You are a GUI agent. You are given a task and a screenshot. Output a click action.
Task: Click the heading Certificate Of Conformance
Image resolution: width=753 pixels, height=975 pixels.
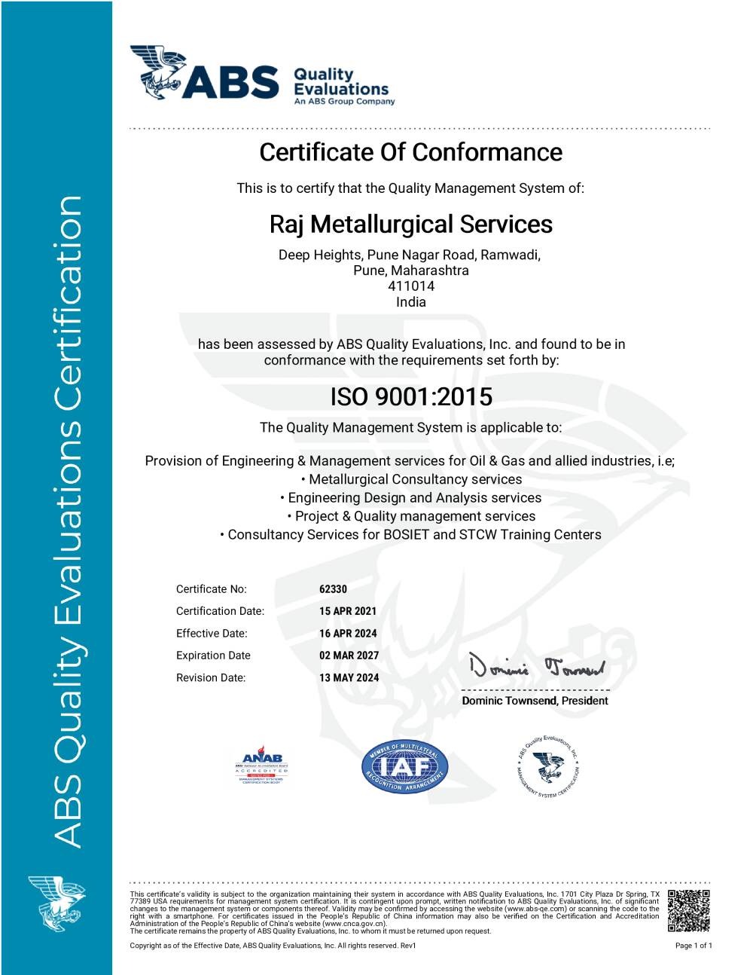[x=410, y=152]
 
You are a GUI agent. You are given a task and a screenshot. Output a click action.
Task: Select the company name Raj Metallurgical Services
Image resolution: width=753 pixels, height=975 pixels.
[x=410, y=224]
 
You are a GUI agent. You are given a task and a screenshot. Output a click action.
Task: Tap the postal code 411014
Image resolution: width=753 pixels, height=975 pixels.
[x=410, y=286]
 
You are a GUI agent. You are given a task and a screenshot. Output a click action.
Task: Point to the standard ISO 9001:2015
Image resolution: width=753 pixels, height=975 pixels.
[x=410, y=396]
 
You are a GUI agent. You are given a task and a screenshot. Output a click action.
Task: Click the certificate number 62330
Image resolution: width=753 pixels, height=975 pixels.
[x=333, y=589]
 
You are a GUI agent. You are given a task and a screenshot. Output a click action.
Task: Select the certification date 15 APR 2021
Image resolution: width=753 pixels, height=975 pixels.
[x=347, y=611]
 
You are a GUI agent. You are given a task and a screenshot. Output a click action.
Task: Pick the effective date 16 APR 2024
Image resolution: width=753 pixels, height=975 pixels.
[x=347, y=634]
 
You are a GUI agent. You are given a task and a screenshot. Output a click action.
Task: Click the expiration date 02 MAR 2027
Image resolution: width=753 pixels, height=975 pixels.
[x=349, y=656]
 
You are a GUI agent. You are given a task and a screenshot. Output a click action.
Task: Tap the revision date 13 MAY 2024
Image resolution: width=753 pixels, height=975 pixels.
[x=349, y=678]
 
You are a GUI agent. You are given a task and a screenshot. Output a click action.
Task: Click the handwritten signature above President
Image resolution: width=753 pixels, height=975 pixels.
[x=536, y=667]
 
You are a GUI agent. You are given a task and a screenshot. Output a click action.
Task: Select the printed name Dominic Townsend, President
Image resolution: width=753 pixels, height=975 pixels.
[x=535, y=701]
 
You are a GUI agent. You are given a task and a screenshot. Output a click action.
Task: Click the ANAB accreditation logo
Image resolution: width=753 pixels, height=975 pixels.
[x=261, y=766]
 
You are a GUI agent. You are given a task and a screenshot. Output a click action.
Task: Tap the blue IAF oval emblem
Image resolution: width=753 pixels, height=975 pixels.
[x=405, y=767]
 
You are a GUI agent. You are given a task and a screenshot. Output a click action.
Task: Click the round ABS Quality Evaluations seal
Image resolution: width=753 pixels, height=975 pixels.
[x=549, y=767]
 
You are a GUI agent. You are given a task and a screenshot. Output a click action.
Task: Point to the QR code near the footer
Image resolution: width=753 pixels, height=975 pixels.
[x=688, y=910]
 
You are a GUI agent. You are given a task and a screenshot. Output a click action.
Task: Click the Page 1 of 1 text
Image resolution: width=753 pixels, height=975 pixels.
[x=693, y=946]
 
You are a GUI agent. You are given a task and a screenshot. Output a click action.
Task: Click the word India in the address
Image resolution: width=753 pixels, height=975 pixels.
[x=410, y=302]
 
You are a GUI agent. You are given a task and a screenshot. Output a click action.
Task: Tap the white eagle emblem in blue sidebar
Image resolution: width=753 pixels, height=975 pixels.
[x=56, y=903]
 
